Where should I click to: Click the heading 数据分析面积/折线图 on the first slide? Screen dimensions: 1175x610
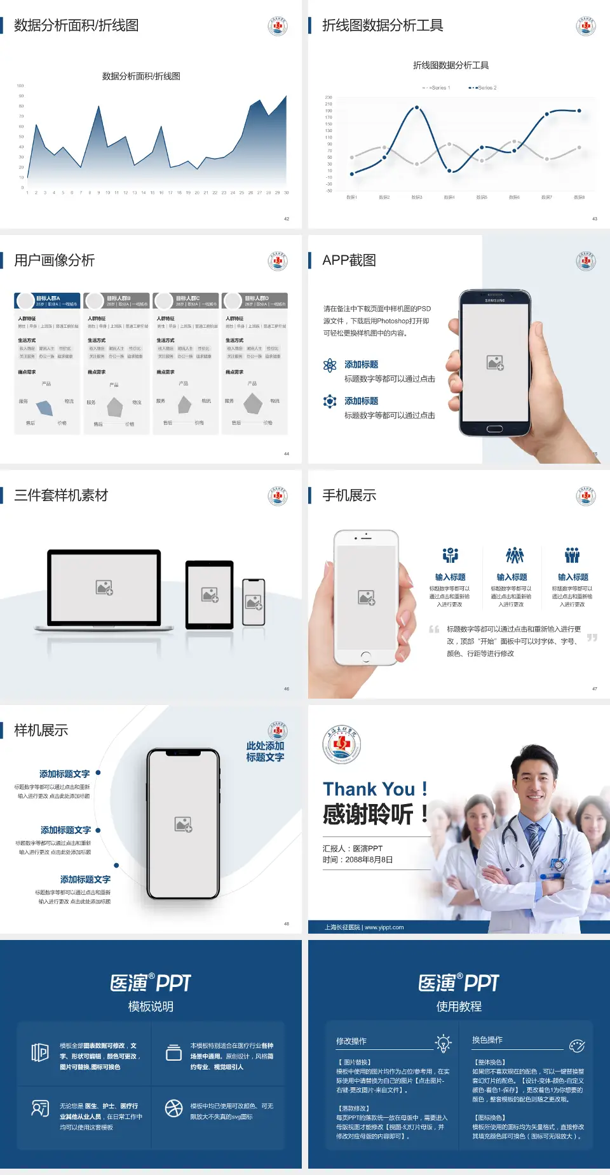[76, 25]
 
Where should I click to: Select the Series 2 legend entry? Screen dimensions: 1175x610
[484, 88]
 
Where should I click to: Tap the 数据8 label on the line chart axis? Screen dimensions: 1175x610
[579, 198]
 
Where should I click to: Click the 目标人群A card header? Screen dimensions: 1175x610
[48, 300]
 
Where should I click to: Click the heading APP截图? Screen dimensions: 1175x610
[349, 260]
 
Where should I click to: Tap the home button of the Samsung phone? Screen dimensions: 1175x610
[494, 429]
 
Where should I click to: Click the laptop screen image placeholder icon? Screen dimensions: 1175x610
[104, 587]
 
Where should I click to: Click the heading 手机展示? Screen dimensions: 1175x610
[349, 495]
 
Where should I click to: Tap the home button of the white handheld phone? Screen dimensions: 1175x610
[366, 656]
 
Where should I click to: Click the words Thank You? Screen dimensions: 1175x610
[369, 789]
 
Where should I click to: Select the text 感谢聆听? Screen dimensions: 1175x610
[369, 814]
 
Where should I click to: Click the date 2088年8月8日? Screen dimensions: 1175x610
[369, 860]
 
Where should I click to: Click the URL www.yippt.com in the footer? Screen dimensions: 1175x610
[384, 927]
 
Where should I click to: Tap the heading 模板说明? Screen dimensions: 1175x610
[151, 1007]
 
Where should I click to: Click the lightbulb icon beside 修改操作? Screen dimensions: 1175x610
[443, 1042]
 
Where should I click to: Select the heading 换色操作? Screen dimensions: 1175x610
[487, 1040]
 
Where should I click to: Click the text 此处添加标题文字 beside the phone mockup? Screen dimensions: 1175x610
[265, 751]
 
